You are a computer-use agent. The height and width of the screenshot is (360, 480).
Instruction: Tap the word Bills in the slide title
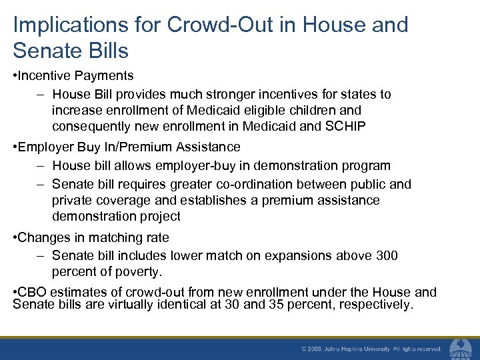(x=106, y=50)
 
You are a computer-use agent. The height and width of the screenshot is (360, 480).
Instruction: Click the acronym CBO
(x=32, y=292)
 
